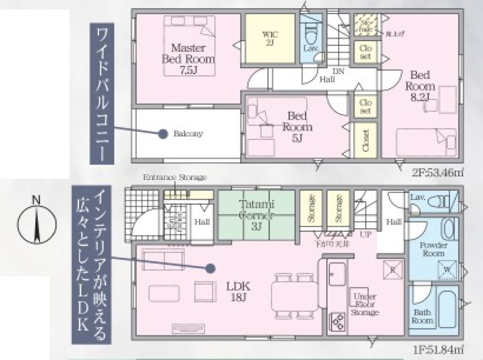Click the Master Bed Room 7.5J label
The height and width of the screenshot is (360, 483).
(188, 59)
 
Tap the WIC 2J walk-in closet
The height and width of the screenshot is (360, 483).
(269, 38)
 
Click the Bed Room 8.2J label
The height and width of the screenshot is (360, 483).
(420, 86)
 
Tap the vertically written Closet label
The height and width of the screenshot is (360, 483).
(366, 140)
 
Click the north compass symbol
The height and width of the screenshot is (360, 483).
(37, 223)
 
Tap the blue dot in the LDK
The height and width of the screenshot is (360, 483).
(210, 267)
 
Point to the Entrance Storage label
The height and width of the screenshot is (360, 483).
(174, 178)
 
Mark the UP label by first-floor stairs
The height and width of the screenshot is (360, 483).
(366, 234)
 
